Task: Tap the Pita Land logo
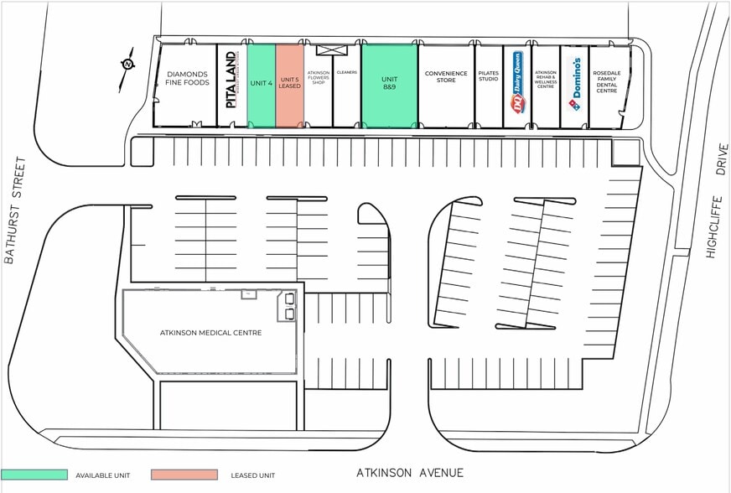(231, 80)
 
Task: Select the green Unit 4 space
(262, 84)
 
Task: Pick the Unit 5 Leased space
(290, 84)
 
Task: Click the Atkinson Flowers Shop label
(319, 78)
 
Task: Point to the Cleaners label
(347, 73)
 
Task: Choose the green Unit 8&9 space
(389, 84)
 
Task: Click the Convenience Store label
(446, 76)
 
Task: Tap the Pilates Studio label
(489, 76)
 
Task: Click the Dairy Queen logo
(517, 81)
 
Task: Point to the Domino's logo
(574, 84)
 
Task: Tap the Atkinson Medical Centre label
(210, 333)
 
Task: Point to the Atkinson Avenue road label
(410, 473)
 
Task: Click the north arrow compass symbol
(127, 65)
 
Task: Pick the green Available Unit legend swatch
(34, 475)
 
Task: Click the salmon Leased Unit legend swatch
(185, 475)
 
